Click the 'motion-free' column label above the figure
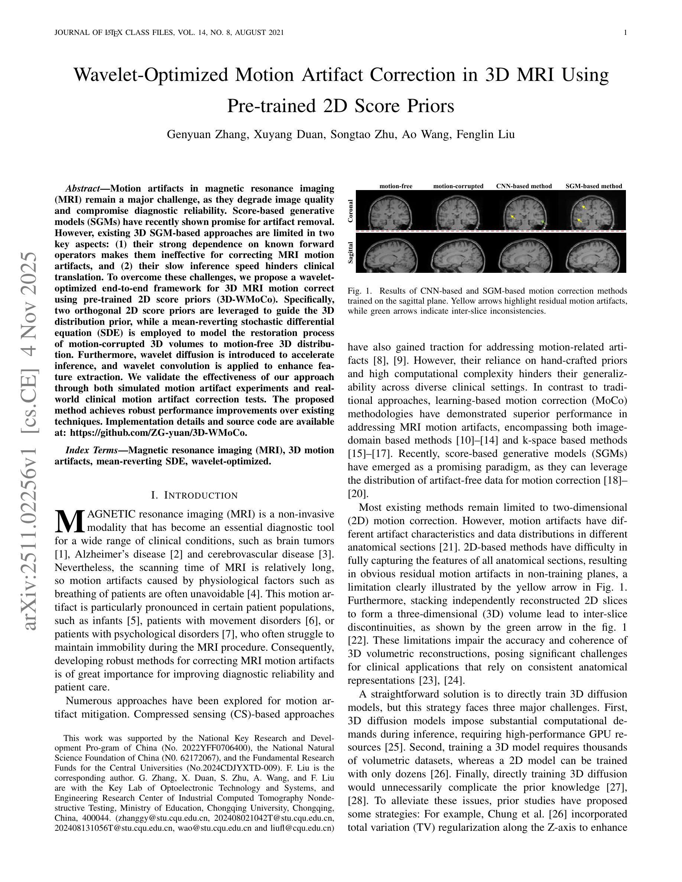click(396, 186)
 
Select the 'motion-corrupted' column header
click(458, 186)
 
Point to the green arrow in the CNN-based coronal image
click(543, 222)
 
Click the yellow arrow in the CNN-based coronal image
click(513, 217)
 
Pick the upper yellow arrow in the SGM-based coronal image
click(584, 207)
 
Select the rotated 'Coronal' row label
click(350, 210)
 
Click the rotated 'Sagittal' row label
click(350, 253)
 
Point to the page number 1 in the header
click(625, 33)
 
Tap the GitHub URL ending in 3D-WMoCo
click(158, 432)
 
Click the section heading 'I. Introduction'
click(194, 495)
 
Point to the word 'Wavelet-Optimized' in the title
click(151, 75)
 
